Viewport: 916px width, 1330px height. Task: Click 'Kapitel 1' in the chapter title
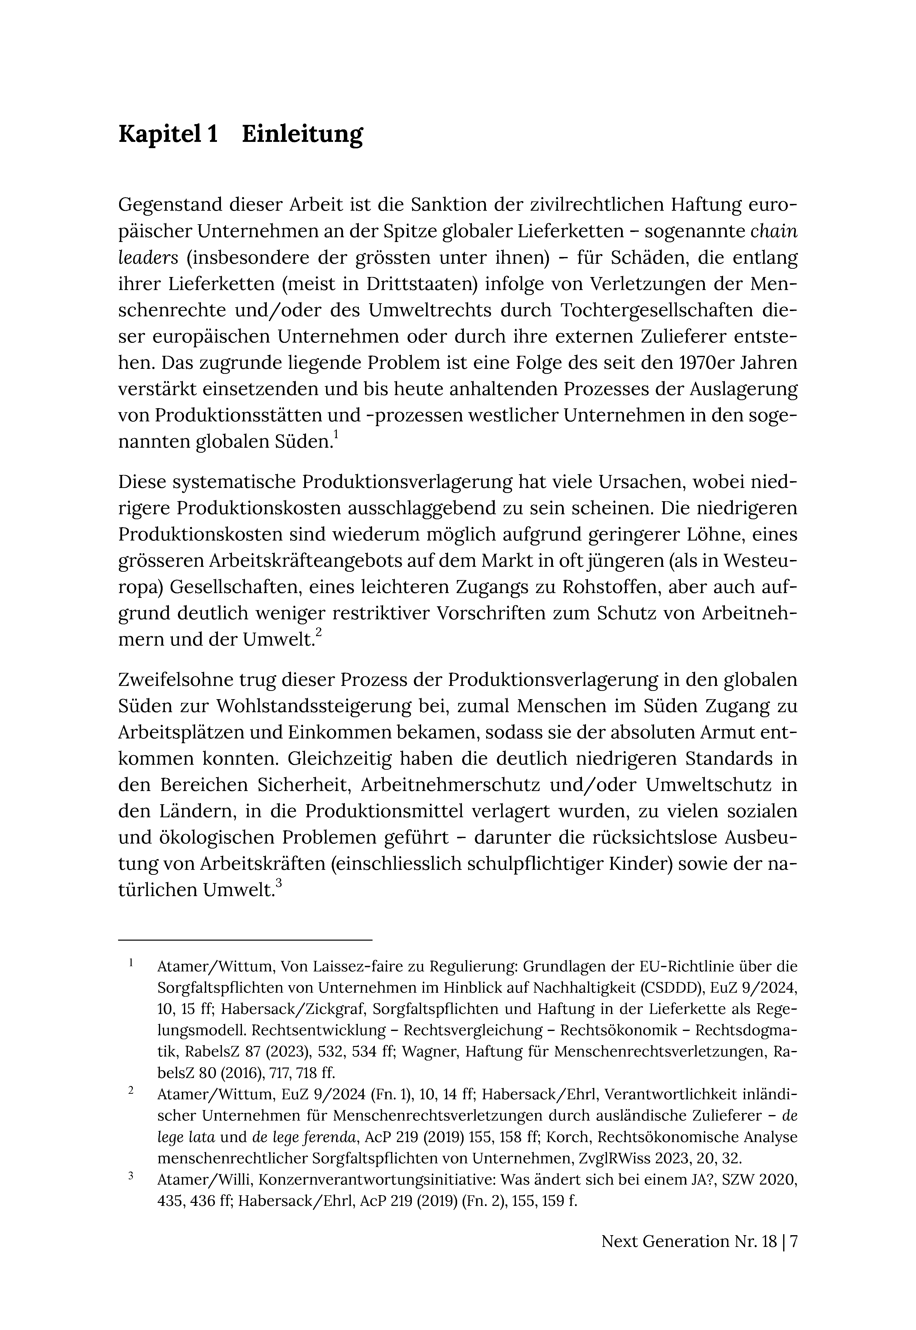click(x=168, y=134)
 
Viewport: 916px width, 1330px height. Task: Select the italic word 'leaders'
click(x=149, y=258)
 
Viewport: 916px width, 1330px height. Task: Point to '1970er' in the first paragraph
click(x=701, y=363)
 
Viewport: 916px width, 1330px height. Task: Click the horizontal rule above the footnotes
click(x=245, y=940)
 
